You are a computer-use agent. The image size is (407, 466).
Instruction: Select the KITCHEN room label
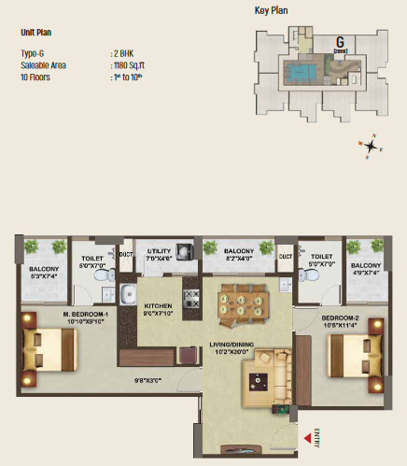(158, 308)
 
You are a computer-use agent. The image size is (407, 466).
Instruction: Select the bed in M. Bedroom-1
(47, 350)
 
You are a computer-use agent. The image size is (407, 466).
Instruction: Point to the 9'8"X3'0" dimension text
(151, 379)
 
